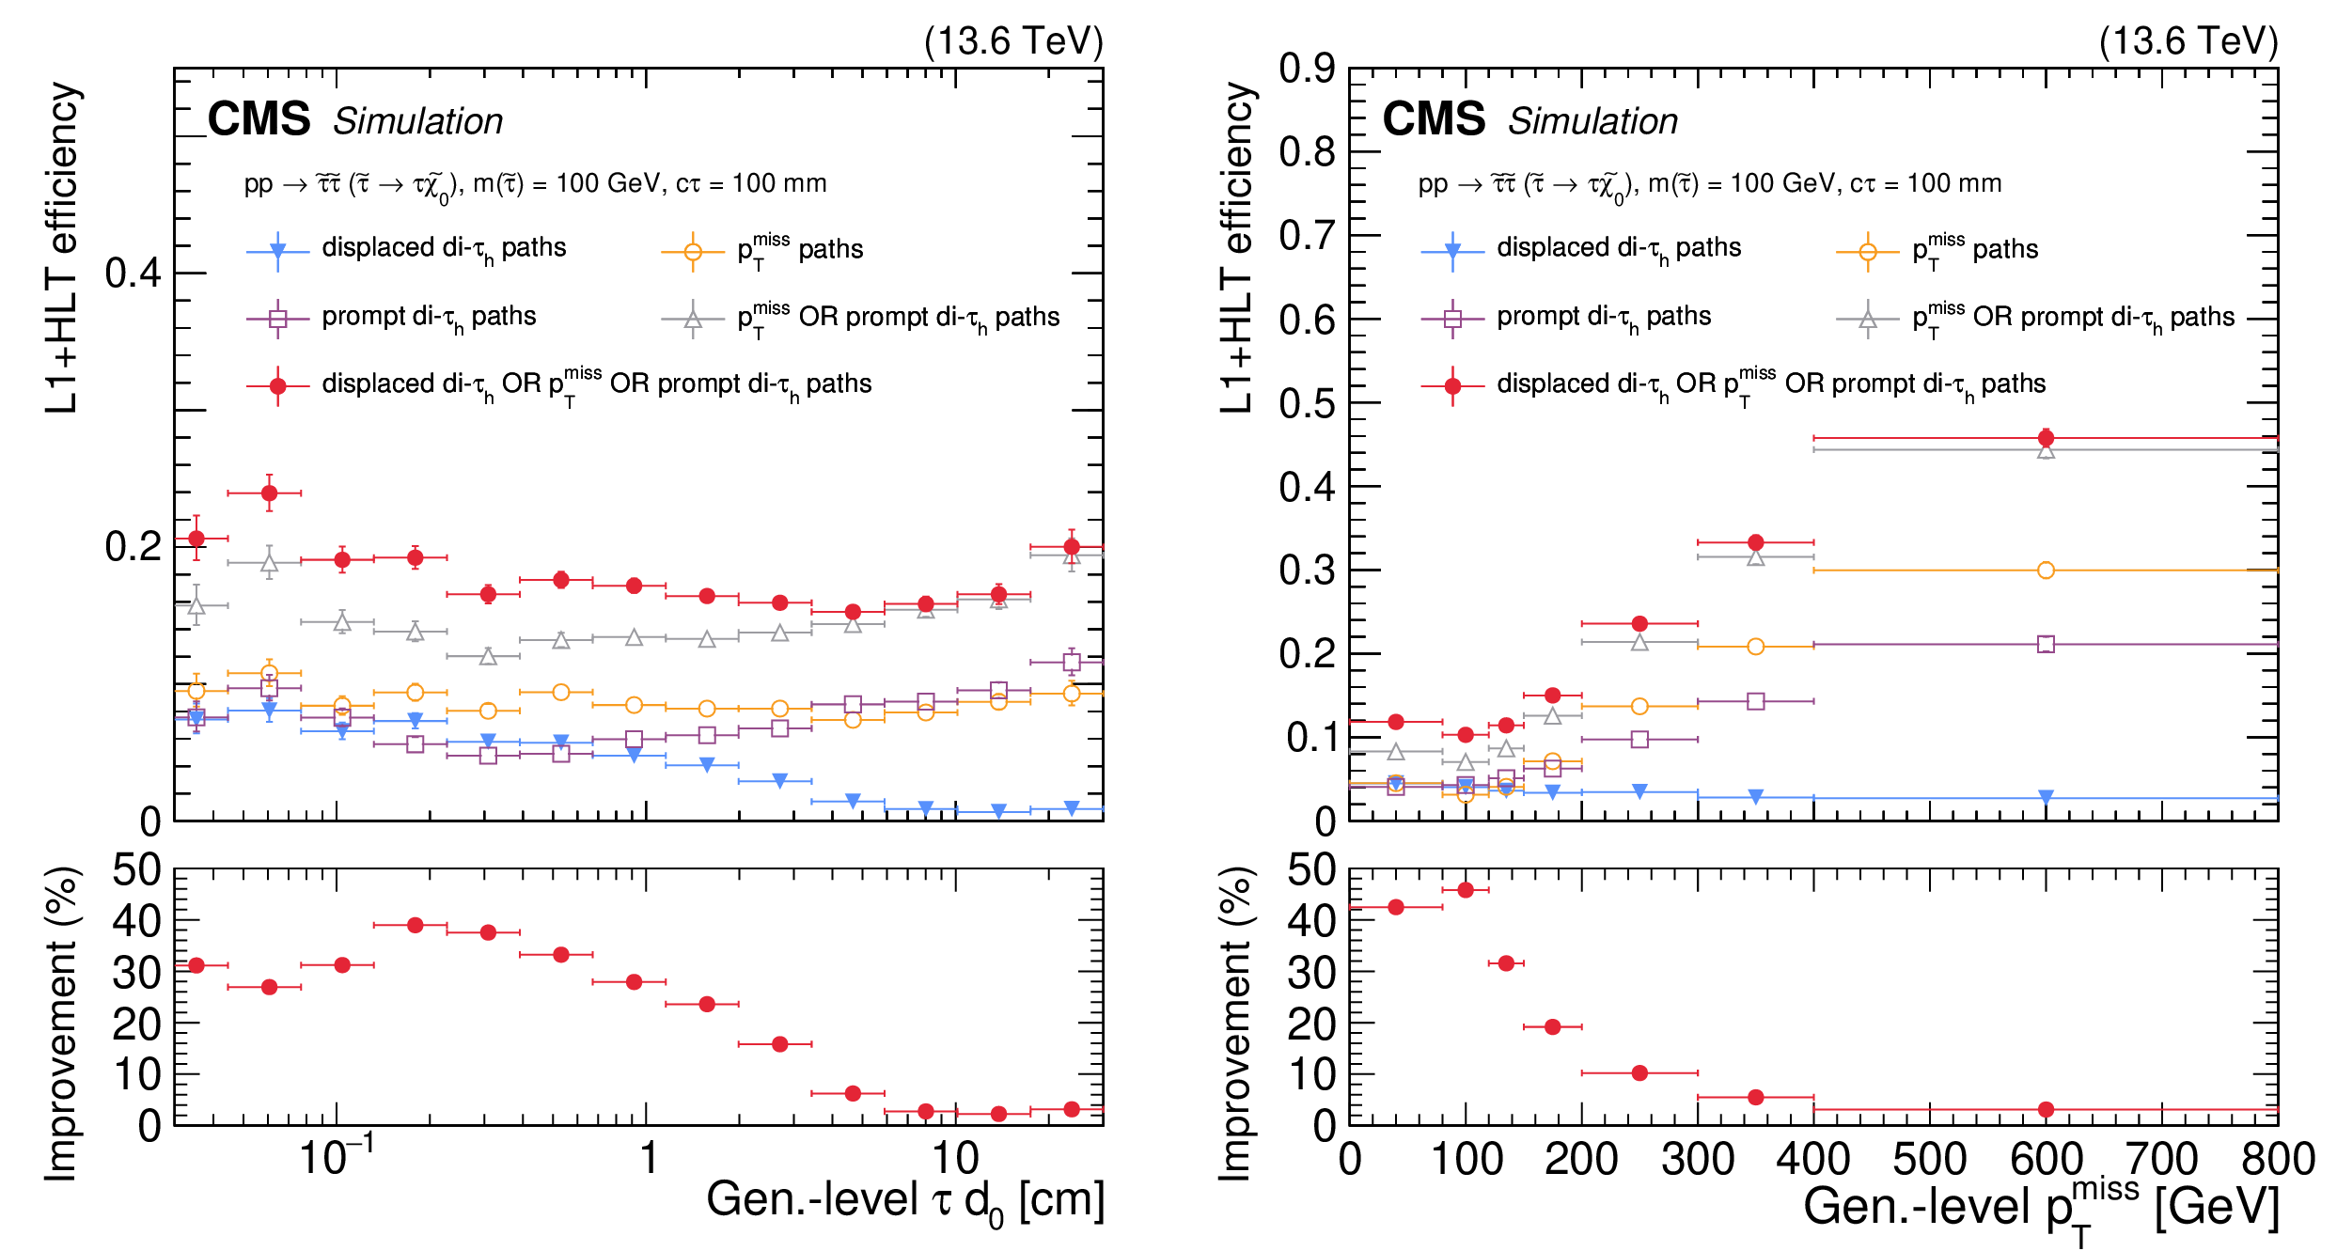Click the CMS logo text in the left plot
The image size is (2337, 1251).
259,120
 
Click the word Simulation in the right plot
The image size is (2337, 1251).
1592,121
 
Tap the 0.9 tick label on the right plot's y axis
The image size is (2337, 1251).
1307,69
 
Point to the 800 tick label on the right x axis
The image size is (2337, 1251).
2277,1160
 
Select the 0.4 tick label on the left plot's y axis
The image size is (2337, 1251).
133,274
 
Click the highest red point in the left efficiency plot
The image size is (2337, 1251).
269,493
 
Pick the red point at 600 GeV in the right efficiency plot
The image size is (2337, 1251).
2046,438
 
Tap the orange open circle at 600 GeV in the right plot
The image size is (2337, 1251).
2046,571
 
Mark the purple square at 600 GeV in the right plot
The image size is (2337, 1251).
2046,644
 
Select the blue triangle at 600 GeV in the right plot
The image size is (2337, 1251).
2046,797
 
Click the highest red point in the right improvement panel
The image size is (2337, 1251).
1466,890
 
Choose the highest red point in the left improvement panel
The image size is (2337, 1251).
415,926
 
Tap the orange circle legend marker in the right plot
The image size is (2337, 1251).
1868,252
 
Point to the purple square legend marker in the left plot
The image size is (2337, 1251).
277,319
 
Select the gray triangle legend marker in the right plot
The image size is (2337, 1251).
1868,320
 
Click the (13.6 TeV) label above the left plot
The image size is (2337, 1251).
1013,41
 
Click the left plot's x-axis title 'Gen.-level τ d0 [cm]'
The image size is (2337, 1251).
904,1201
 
